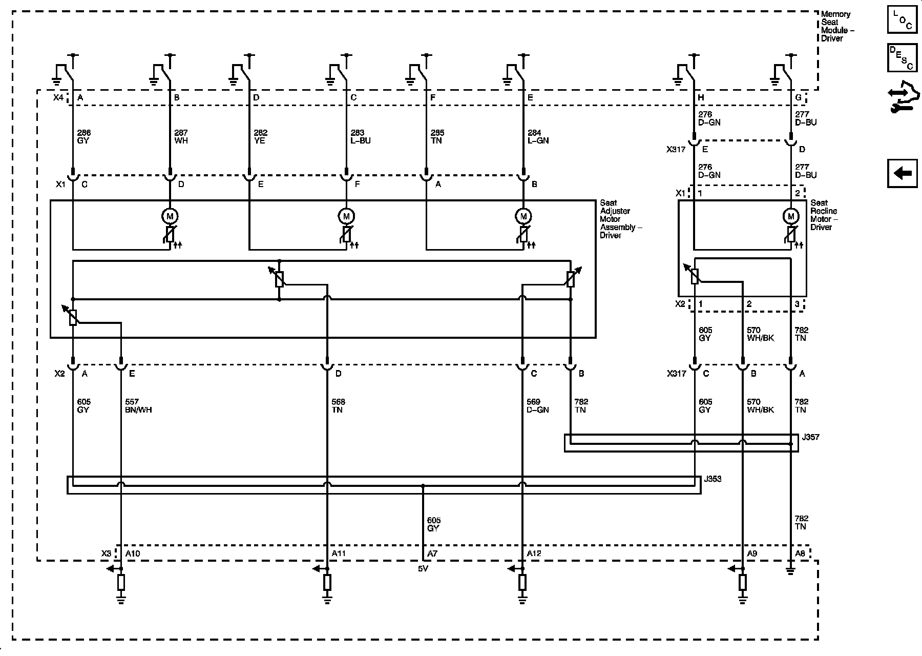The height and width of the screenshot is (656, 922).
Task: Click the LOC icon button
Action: coord(902,20)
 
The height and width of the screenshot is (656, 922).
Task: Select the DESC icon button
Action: coord(902,57)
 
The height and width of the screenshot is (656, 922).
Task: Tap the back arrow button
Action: coord(902,173)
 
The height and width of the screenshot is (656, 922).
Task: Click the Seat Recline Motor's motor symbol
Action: coord(791,216)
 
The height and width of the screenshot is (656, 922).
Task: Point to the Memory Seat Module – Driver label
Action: coord(837,26)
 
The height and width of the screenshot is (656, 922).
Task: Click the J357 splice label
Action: coord(810,437)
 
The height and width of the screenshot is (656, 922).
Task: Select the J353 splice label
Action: coord(713,479)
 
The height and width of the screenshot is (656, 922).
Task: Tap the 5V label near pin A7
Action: coord(423,569)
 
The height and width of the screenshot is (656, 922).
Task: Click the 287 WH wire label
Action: coord(181,136)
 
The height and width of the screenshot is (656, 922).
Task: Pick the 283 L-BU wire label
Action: coord(361,136)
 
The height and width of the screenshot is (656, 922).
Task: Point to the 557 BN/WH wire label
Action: coord(138,406)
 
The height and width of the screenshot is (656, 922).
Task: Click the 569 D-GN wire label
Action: coord(537,406)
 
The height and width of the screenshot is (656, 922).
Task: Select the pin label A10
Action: coord(133,553)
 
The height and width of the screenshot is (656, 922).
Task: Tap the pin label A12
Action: coord(534,553)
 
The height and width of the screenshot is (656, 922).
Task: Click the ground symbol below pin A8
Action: coord(791,571)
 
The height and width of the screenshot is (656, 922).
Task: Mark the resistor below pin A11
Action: coord(327,583)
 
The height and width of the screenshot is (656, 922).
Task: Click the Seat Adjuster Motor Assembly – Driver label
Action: coord(621,219)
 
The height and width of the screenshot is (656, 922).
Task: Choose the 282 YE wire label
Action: coord(260,136)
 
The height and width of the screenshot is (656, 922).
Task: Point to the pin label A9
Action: coord(752,553)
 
